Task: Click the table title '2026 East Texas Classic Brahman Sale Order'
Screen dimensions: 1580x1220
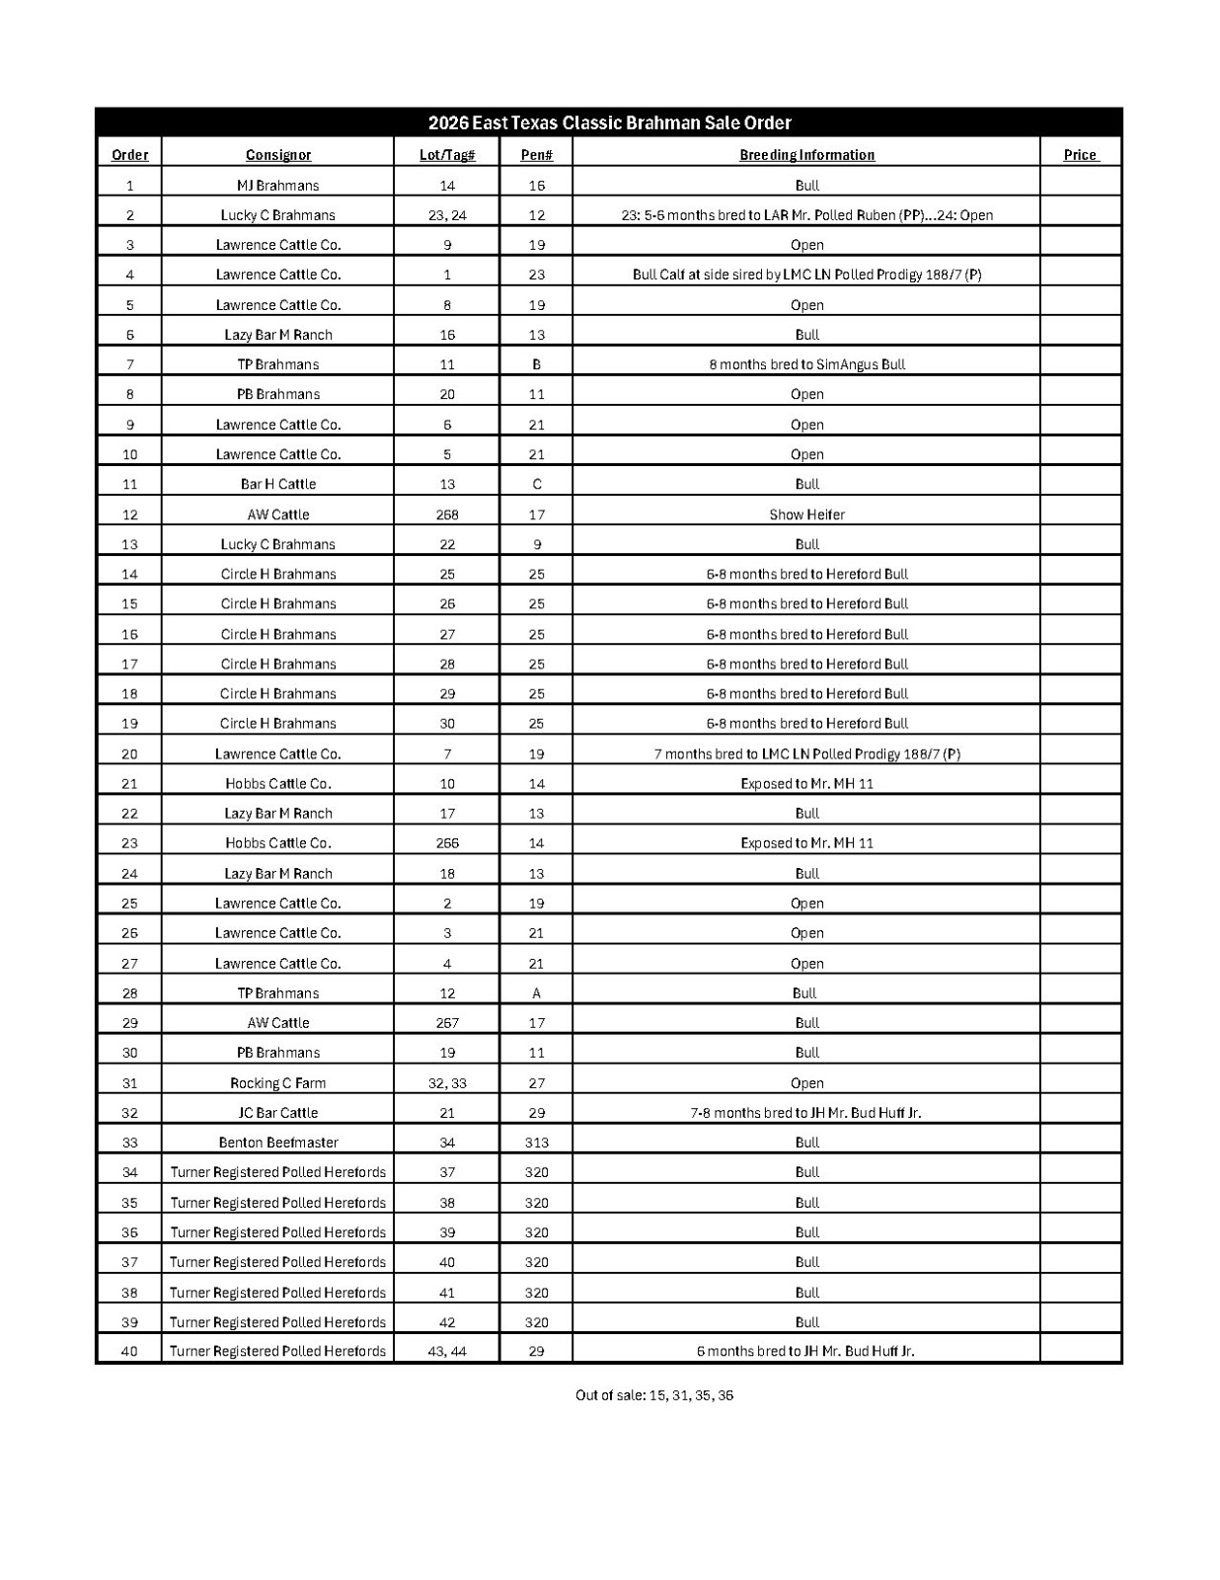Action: click(x=609, y=123)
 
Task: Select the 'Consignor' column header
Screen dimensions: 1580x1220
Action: click(x=278, y=155)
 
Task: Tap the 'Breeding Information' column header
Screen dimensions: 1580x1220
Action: click(x=806, y=155)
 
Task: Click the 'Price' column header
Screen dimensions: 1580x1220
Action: click(x=1080, y=155)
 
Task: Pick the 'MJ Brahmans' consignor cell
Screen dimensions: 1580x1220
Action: click(x=278, y=186)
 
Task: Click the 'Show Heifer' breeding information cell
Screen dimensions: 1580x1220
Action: click(x=806, y=514)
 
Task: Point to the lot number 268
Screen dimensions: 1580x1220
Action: click(x=447, y=514)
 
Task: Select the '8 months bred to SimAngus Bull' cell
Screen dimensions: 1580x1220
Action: click(x=806, y=364)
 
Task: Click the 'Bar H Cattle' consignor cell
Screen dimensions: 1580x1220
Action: click(x=278, y=484)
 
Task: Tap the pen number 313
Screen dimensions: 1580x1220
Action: click(x=536, y=1143)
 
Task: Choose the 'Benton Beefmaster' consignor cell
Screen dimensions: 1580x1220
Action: click(x=278, y=1143)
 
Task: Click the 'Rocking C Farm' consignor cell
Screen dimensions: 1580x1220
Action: click(x=278, y=1083)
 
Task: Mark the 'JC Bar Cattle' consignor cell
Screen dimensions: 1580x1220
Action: click(x=278, y=1113)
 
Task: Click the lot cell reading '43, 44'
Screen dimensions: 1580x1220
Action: click(x=447, y=1351)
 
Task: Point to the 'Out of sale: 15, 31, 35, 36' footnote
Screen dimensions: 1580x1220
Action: click(x=654, y=1395)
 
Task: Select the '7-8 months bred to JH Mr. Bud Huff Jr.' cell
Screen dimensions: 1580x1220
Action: click(x=805, y=1113)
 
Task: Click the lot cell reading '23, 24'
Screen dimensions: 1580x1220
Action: click(x=447, y=215)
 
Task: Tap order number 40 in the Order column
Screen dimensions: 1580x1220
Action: click(x=129, y=1351)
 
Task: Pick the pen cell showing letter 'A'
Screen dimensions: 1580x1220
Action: click(x=536, y=993)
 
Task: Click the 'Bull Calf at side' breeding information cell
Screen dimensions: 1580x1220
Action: click(x=806, y=275)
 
